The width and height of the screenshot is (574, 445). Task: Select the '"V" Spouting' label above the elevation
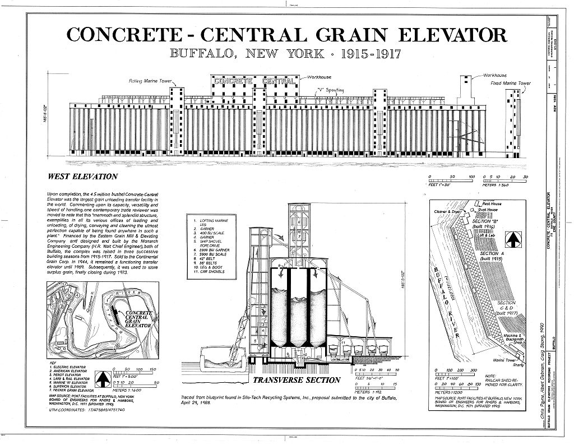coord(330,89)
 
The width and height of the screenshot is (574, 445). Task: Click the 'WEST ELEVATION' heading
coord(82,177)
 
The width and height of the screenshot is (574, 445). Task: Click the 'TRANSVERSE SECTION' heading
coord(296,380)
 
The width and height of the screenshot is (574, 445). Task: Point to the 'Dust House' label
coord(491,209)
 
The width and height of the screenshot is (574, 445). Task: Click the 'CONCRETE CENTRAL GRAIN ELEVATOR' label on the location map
coord(138,318)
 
